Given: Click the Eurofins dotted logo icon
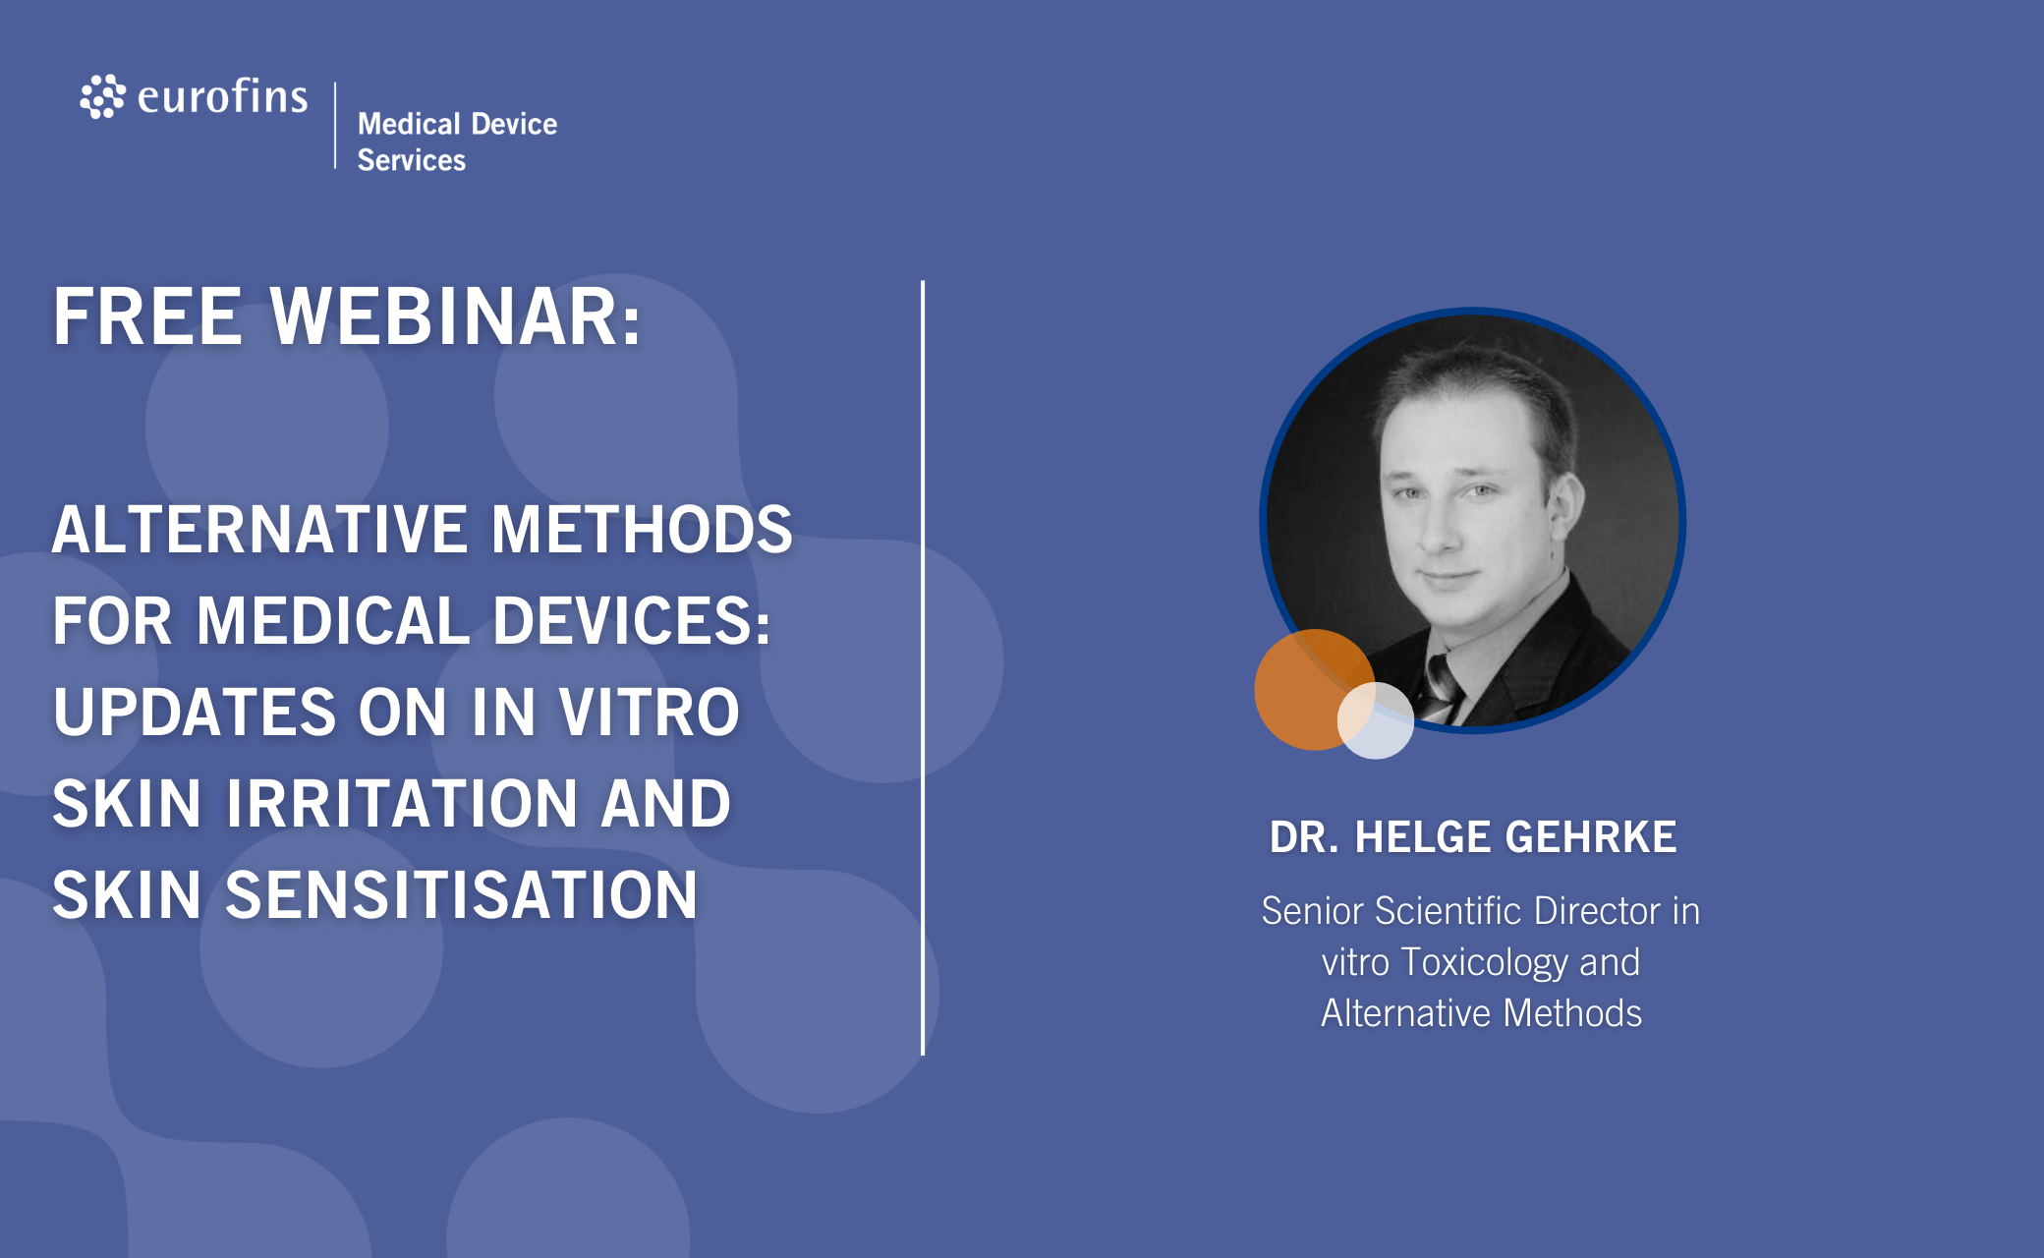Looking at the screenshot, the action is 102,96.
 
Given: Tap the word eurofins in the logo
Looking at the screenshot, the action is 223,96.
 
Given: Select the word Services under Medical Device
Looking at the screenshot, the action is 412,160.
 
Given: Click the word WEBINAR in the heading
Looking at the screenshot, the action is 456,316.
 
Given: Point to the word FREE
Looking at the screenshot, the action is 147,316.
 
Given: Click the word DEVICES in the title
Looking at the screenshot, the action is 632,621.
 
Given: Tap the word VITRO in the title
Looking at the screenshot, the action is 649,712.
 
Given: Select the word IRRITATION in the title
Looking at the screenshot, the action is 402,803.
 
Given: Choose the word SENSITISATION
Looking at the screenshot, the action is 462,894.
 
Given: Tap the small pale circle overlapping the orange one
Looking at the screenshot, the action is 1376,720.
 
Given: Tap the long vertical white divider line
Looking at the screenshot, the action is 923,668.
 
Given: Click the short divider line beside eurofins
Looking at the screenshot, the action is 335,126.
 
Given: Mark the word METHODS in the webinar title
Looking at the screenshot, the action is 642,530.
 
